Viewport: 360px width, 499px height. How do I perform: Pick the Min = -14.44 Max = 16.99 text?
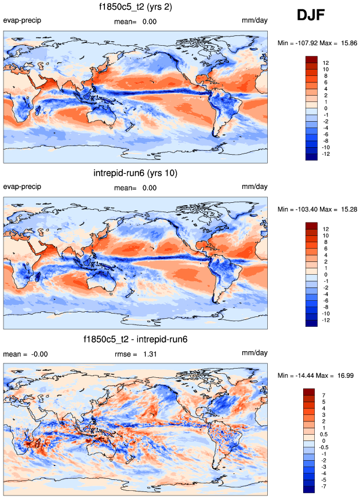[x=316, y=375]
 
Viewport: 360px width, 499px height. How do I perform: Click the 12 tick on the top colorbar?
[x=326, y=63]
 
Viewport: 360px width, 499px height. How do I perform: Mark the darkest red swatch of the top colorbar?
[x=311, y=59]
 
